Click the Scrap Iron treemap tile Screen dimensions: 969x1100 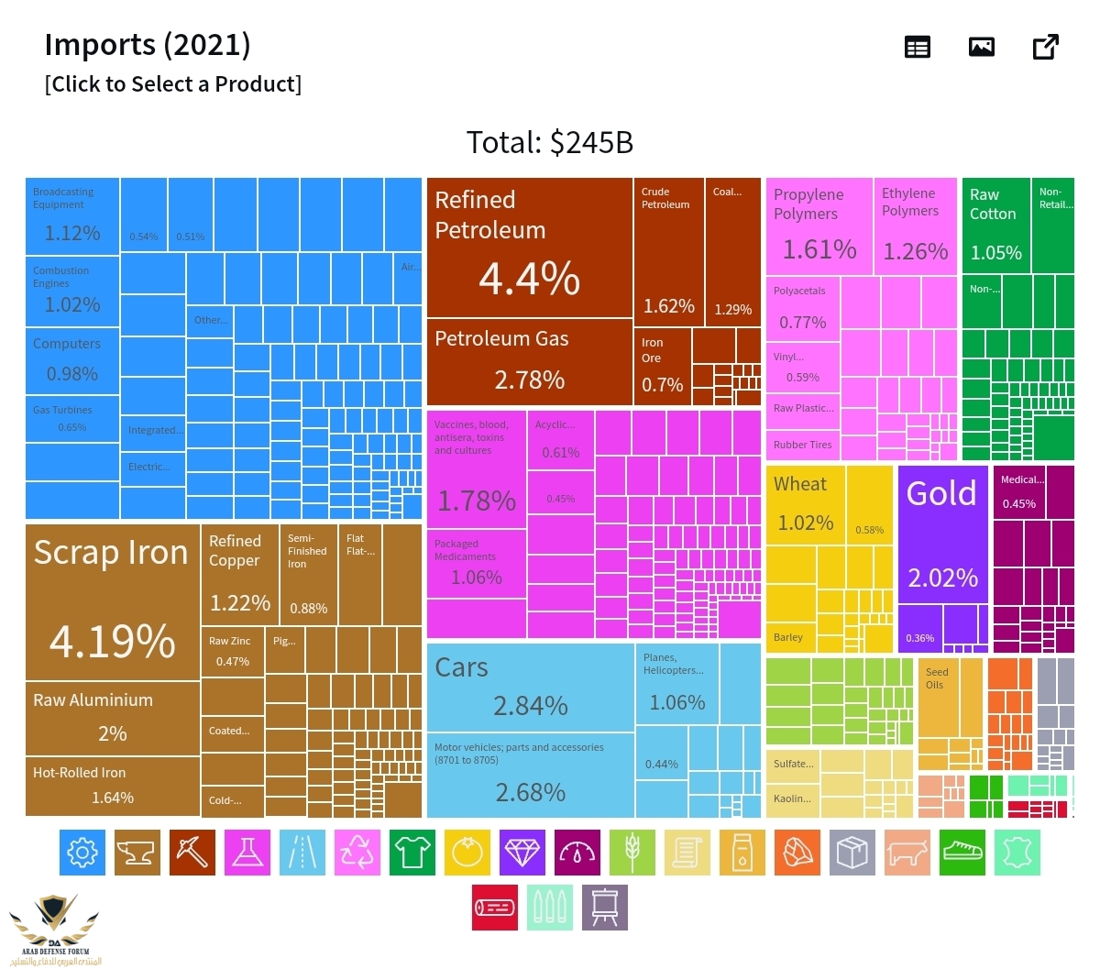[112, 601]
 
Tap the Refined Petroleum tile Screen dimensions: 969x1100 [529, 248]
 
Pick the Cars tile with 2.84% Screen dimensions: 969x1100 [530, 687]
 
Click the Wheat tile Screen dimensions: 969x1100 [805, 504]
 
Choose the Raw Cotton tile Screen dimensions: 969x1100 [995, 226]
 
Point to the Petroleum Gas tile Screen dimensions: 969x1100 [529, 361]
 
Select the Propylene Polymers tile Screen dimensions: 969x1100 [818, 226]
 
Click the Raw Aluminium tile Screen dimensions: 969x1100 [112, 718]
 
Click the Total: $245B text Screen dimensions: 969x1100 [549, 142]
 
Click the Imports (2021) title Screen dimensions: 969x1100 [148, 44]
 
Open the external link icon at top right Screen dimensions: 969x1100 [1045, 47]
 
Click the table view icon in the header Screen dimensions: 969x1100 [917, 47]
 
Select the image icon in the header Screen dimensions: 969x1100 [981, 47]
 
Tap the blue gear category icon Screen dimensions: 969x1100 [82, 853]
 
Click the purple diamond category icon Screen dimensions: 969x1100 [522, 853]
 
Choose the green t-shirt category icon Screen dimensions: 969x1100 [412, 853]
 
